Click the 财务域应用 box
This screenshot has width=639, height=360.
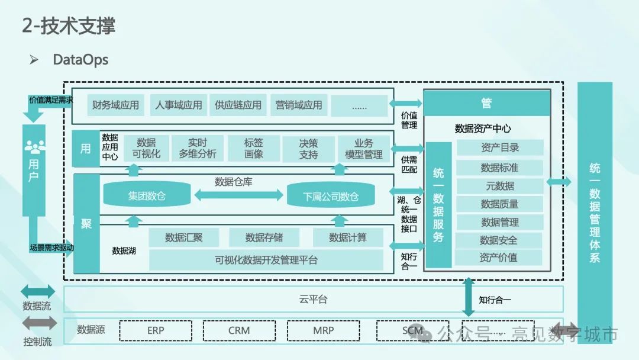116,105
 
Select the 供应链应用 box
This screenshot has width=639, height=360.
238,105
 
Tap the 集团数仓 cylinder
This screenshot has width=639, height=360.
147,196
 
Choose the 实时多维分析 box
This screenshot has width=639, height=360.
198,149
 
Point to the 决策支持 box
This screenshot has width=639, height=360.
308,149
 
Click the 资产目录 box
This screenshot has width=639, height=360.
500,148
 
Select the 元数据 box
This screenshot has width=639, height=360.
500,186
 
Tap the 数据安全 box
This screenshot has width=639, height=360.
499,240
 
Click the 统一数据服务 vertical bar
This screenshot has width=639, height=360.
438,204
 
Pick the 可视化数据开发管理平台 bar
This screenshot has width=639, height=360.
266,260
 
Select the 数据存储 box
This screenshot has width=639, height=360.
264,237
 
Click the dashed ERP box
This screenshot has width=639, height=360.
156,330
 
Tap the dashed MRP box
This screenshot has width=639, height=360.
324,330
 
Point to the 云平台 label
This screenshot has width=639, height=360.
313,299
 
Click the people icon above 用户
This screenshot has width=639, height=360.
34,144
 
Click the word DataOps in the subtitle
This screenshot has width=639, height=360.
80,60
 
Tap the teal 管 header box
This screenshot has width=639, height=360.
486,103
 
